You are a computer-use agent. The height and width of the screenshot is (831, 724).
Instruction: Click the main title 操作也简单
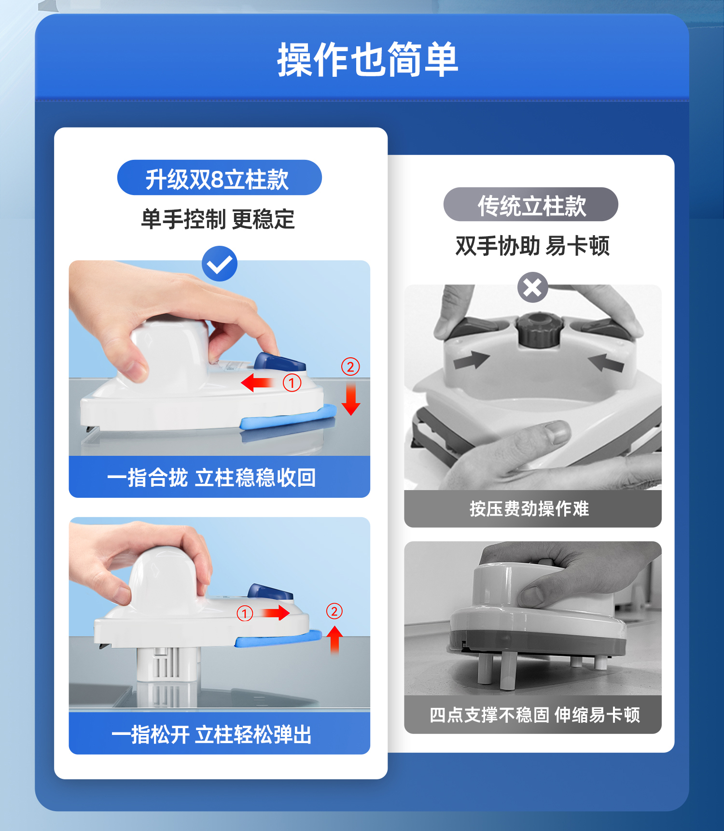pyautogui.click(x=367, y=59)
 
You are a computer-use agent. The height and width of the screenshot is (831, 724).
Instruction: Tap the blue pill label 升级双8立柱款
pyautogui.click(x=219, y=178)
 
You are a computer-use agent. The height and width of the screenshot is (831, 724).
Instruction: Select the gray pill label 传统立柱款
pyautogui.click(x=530, y=204)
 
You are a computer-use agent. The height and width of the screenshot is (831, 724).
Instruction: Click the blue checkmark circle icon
pyautogui.click(x=220, y=264)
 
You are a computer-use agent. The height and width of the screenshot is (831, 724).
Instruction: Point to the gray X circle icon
pyautogui.click(x=533, y=287)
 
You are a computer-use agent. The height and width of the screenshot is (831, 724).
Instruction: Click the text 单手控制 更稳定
pyautogui.click(x=218, y=219)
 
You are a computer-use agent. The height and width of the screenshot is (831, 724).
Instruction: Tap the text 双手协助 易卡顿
pyautogui.click(x=533, y=246)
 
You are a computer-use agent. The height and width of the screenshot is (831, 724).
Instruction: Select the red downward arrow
pyautogui.click(x=351, y=399)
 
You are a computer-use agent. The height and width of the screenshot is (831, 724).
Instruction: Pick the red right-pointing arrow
pyautogui.click(x=276, y=613)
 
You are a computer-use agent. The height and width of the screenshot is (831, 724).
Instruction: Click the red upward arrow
pyautogui.click(x=335, y=640)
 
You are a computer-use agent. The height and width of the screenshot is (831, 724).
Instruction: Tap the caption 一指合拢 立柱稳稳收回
pyautogui.click(x=211, y=478)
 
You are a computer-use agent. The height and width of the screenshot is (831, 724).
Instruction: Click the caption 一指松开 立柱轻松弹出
pyautogui.click(x=211, y=734)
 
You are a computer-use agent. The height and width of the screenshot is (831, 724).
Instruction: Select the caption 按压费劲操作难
pyautogui.click(x=529, y=508)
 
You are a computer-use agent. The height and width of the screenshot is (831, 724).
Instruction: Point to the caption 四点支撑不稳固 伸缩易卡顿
pyautogui.click(x=535, y=715)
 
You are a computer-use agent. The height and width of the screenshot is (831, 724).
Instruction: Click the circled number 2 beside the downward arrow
pyautogui.click(x=350, y=366)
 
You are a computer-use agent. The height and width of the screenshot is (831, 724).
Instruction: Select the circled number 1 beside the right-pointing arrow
pyautogui.click(x=245, y=613)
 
